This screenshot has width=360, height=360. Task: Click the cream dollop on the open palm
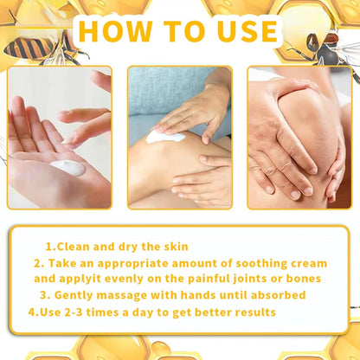pos(67,168)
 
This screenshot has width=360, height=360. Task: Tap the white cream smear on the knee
pos(164,136)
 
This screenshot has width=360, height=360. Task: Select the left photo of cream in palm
pos(59,138)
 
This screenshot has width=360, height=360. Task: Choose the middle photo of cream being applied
pos(180,138)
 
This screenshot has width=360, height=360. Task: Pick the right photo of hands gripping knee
pos(299,138)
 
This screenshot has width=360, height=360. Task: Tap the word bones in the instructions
pos(303,279)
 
